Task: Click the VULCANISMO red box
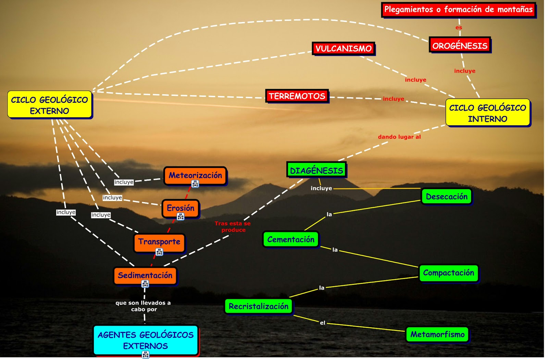(x=343, y=49)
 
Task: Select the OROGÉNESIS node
(x=460, y=46)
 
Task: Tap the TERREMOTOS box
(x=297, y=96)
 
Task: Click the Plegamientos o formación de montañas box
(x=458, y=10)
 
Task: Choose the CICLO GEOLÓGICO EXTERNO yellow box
(x=50, y=105)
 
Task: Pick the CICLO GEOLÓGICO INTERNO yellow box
(x=487, y=113)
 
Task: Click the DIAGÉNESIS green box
(x=316, y=170)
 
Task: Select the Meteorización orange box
(x=195, y=175)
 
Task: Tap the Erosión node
(x=180, y=208)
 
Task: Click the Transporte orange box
(x=159, y=242)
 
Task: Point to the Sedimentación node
(x=145, y=275)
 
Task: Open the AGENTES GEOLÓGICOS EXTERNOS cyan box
(x=146, y=340)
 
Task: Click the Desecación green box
(x=446, y=197)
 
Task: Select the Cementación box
(x=290, y=239)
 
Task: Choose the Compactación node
(x=448, y=273)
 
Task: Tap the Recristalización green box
(x=258, y=306)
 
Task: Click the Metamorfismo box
(x=437, y=334)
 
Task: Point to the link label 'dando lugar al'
(x=399, y=137)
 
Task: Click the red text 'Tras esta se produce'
(x=233, y=226)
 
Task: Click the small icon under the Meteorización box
(x=195, y=184)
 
